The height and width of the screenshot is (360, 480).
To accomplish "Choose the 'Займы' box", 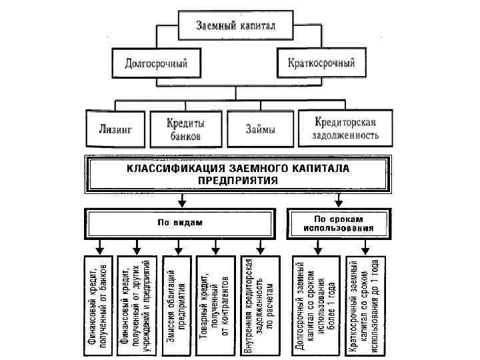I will pyautogui.click(x=260, y=129).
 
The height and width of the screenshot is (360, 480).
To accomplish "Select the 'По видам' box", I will pyautogui.click(x=179, y=223).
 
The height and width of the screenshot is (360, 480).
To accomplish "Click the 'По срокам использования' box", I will pyautogui.click(x=339, y=223).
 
